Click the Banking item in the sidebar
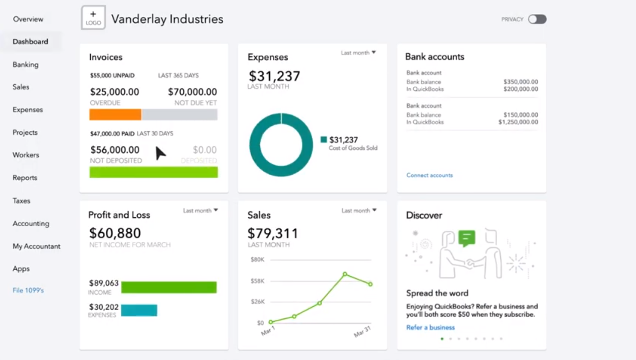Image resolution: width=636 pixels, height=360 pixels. [26, 64]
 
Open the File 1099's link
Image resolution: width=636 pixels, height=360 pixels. [28, 290]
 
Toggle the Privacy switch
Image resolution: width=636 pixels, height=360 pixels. [537, 19]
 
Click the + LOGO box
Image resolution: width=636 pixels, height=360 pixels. [93, 18]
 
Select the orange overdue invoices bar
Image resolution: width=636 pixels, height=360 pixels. [115, 115]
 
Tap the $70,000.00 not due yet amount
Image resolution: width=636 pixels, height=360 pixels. [192, 92]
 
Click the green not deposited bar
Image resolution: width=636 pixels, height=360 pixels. [153, 172]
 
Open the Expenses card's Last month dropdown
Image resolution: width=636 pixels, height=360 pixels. [358, 53]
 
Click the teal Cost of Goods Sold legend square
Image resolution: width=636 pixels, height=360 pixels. [324, 139]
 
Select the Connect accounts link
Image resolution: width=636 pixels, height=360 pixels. [429, 175]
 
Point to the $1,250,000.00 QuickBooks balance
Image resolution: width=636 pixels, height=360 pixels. [518, 122]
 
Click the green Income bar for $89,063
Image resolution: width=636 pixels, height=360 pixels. [169, 287]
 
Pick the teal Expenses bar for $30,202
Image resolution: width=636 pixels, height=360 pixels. [139, 310]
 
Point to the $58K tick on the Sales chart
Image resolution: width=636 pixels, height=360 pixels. [257, 281]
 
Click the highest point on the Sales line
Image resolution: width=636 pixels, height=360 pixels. [345, 274]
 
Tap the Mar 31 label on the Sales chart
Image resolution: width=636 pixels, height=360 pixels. [363, 331]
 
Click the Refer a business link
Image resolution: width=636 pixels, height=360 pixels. [430, 327]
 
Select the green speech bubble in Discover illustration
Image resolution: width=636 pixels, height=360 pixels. [467, 238]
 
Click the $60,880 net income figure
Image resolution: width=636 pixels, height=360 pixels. [115, 233]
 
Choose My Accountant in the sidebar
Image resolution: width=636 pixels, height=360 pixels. [37, 246]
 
